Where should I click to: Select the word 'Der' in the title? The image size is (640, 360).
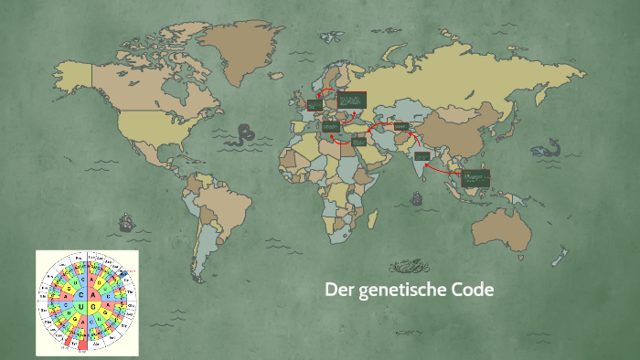pos(338,291)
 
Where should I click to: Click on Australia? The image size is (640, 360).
pos(501,224)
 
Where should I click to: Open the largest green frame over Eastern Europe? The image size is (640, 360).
pos(352,100)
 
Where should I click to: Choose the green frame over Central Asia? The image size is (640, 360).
pos(400,126)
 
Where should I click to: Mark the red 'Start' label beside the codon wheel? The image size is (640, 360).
pos(131,272)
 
